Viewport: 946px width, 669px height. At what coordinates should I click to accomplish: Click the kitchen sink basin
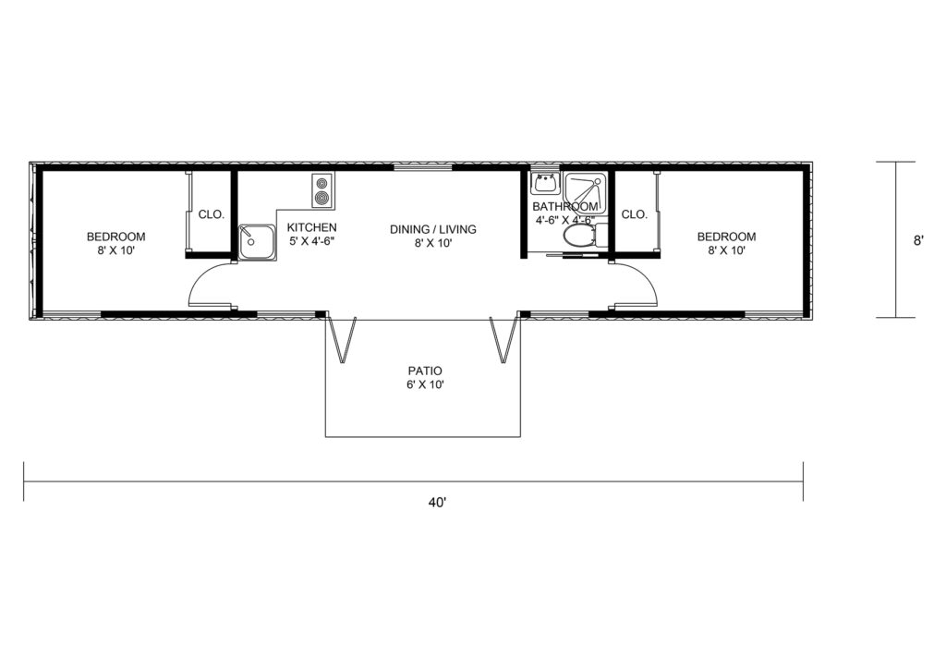click(257, 242)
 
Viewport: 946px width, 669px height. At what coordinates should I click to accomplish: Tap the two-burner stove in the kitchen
click(322, 191)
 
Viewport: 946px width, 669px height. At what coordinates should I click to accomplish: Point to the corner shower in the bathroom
click(585, 192)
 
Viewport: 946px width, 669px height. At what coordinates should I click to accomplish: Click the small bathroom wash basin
click(546, 182)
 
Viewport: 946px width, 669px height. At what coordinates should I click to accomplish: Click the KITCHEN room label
click(311, 227)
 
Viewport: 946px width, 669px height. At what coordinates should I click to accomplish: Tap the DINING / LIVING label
click(432, 229)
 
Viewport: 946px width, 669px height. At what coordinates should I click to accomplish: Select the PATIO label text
click(425, 371)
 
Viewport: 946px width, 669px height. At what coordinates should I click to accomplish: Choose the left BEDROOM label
click(115, 237)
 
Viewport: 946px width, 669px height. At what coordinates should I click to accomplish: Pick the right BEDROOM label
click(726, 237)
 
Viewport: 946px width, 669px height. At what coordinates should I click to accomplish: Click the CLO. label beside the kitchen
click(212, 214)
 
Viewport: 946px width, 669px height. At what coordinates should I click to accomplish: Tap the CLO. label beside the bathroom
click(634, 214)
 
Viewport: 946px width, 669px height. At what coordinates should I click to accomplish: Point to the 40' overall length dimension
click(437, 502)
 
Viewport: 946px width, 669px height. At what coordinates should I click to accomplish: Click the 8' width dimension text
click(918, 240)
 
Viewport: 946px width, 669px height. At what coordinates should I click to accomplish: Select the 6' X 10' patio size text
click(425, 385)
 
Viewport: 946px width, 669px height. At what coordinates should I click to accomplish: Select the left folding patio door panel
click(342, 341)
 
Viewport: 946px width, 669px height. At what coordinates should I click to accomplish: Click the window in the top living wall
click(423, 167)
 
